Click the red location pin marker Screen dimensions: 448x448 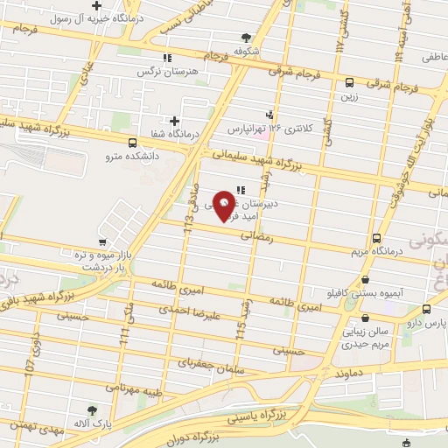coord(225,205)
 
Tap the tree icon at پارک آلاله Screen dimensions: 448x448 coord(91,409)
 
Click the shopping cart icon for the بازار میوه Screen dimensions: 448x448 coord(103,242)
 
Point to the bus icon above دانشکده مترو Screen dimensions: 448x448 coord(132,143)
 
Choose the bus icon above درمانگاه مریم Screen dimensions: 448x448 coord(376,238)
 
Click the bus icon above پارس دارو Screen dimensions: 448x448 coord(426,309)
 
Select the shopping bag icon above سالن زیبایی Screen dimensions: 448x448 coord(364,318)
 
